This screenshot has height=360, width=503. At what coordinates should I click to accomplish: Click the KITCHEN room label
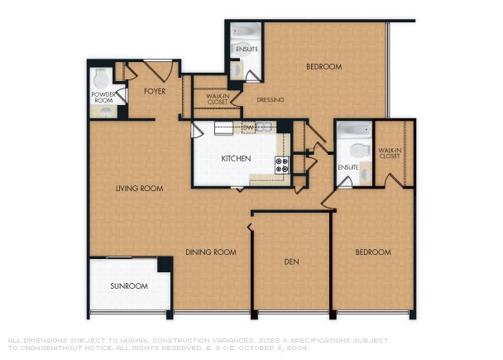(236, 158)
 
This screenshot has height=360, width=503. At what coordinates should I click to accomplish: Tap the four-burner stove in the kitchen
(281, 164)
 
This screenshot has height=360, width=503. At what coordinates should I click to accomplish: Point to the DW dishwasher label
(248, 127)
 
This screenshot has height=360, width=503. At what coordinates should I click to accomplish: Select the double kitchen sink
(264, 127)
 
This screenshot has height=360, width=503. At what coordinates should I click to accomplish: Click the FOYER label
(155, 91)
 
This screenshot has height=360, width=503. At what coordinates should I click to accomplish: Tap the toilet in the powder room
(101, 79)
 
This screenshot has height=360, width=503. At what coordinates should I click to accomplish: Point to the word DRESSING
(270, 100)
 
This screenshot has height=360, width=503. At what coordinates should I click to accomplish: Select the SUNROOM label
(129, 286)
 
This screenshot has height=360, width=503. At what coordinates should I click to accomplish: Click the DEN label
(291, 262)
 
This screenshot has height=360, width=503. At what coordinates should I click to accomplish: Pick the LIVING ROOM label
(139, 189)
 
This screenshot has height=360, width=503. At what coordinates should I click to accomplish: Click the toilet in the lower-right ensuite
(358, 151)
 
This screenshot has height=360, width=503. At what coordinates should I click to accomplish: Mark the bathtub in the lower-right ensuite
(354, 129)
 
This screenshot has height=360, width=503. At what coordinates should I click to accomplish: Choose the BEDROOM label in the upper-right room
(323, 67)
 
